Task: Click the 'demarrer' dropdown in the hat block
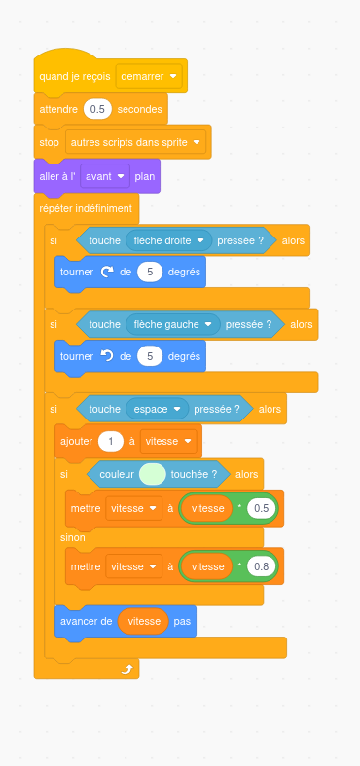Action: point(149,76)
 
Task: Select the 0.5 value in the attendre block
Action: point(97,109)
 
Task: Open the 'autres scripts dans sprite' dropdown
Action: point(135,142)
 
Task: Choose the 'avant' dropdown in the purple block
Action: point(105,176)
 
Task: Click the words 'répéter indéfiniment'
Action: point(86,208)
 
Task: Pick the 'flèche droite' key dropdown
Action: point(169,240)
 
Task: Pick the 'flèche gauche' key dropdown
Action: point(173,324)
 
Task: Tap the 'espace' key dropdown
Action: point(158,409)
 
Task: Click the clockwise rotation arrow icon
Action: point(106,272)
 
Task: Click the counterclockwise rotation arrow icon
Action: point(106,356)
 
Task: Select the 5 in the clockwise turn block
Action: point(150,272)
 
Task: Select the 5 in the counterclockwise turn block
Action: point(150,356)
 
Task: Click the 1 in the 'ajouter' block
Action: point(111,441)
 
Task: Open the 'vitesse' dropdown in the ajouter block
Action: point(168,441)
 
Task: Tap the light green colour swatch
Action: point(153,474)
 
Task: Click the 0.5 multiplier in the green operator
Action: point(262,508)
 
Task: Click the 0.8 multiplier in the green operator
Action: point(262,566)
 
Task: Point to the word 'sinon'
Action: point(73,537)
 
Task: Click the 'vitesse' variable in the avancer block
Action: point(144,621)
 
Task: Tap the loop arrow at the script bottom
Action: point(127,670)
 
